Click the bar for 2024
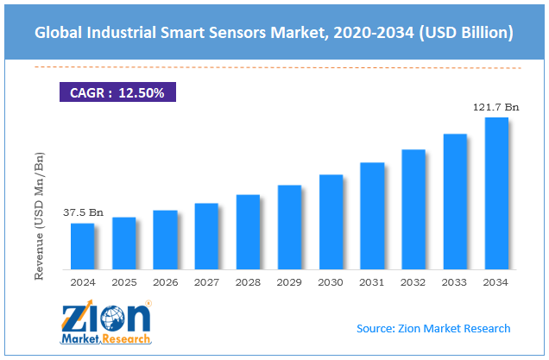point(82,247)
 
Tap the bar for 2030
point(331,222)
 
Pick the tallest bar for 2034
point(496,193)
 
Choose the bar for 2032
point(413,210)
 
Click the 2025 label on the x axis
point(123,281)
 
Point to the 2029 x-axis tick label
point(289,281)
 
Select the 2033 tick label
point(455,281)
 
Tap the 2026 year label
point(165,281)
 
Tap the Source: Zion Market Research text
point(433,329)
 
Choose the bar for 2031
point(372,216)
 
